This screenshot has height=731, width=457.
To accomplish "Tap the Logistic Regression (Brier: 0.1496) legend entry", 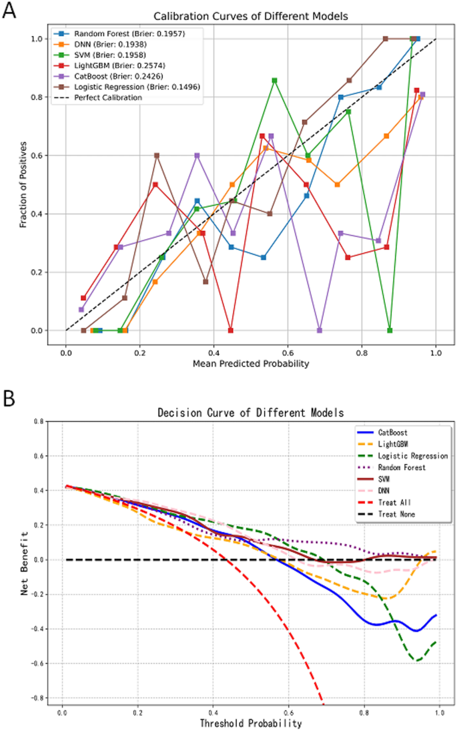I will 136,87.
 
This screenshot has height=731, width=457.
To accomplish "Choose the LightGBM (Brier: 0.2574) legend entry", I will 119,65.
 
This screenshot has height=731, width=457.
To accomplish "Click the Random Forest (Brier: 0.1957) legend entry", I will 126,33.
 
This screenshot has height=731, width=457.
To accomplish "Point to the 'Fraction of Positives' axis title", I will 23,184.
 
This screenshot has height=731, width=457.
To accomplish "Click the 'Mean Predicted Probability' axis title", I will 251,364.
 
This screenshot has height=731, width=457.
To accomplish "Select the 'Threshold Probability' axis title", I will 251,723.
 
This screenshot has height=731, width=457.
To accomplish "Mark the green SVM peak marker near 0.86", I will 274,80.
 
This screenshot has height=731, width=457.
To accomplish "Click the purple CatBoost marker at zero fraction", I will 320,330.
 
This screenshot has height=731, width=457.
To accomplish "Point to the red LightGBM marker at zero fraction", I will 231,330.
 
